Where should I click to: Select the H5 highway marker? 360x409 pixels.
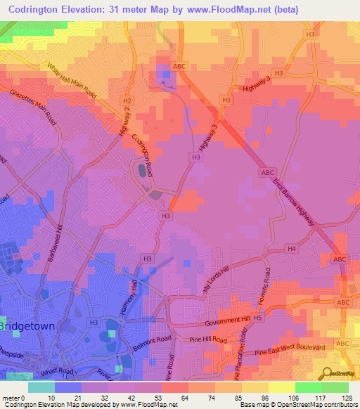coord(258,318)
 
